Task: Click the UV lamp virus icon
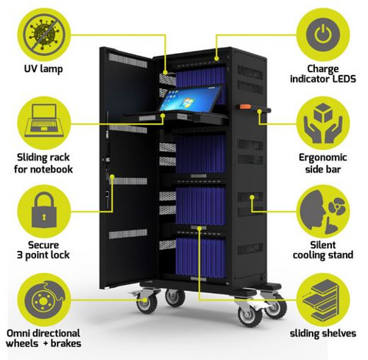[44, 35]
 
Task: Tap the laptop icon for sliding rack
[44, 120]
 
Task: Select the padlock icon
[44, 210]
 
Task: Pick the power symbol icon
[323, 35]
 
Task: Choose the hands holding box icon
[323, 123]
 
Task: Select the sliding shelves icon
[321, 300]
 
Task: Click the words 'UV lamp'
[43, 69]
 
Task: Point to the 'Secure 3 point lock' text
[43, 250]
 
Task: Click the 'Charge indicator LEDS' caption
[323, 74]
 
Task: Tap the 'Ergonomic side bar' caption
[323, 163]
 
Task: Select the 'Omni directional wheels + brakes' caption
[43, 339]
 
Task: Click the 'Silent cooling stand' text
[323, 250]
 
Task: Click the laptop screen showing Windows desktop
[190, 98]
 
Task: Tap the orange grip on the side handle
[245, 107]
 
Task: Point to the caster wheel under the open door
[147, 303]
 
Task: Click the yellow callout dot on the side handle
[260, 112]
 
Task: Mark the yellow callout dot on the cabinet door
[112, 177]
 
